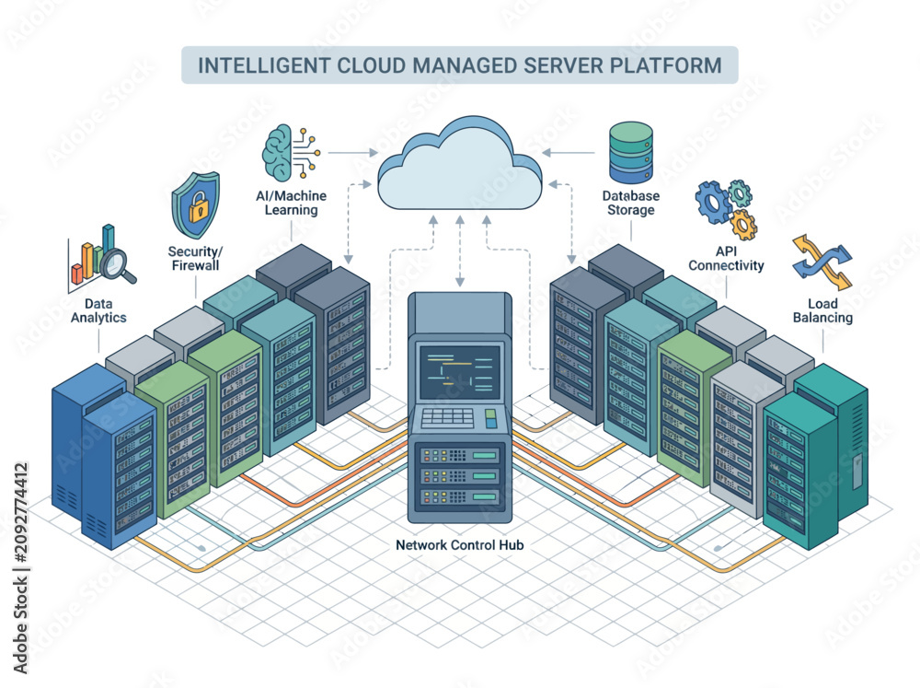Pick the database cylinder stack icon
pos(631,153)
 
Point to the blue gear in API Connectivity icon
pos(713,202)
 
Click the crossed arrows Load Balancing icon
pos(822,262)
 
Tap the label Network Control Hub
pos(459,544)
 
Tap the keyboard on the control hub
pos(447,417)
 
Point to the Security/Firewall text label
pos(195,259)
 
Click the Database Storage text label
pos(631,203)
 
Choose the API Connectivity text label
pos(727,259)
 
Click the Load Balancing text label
pos(822,310)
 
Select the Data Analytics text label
pos(98,310)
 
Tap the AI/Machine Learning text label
pos(291,203)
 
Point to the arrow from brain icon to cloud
pos(353,153)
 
